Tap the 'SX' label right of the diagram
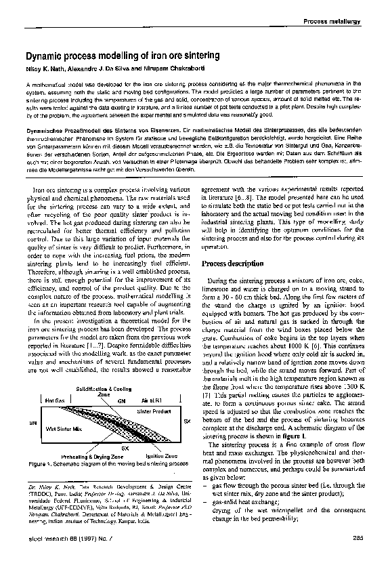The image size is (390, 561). pos(186,421)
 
